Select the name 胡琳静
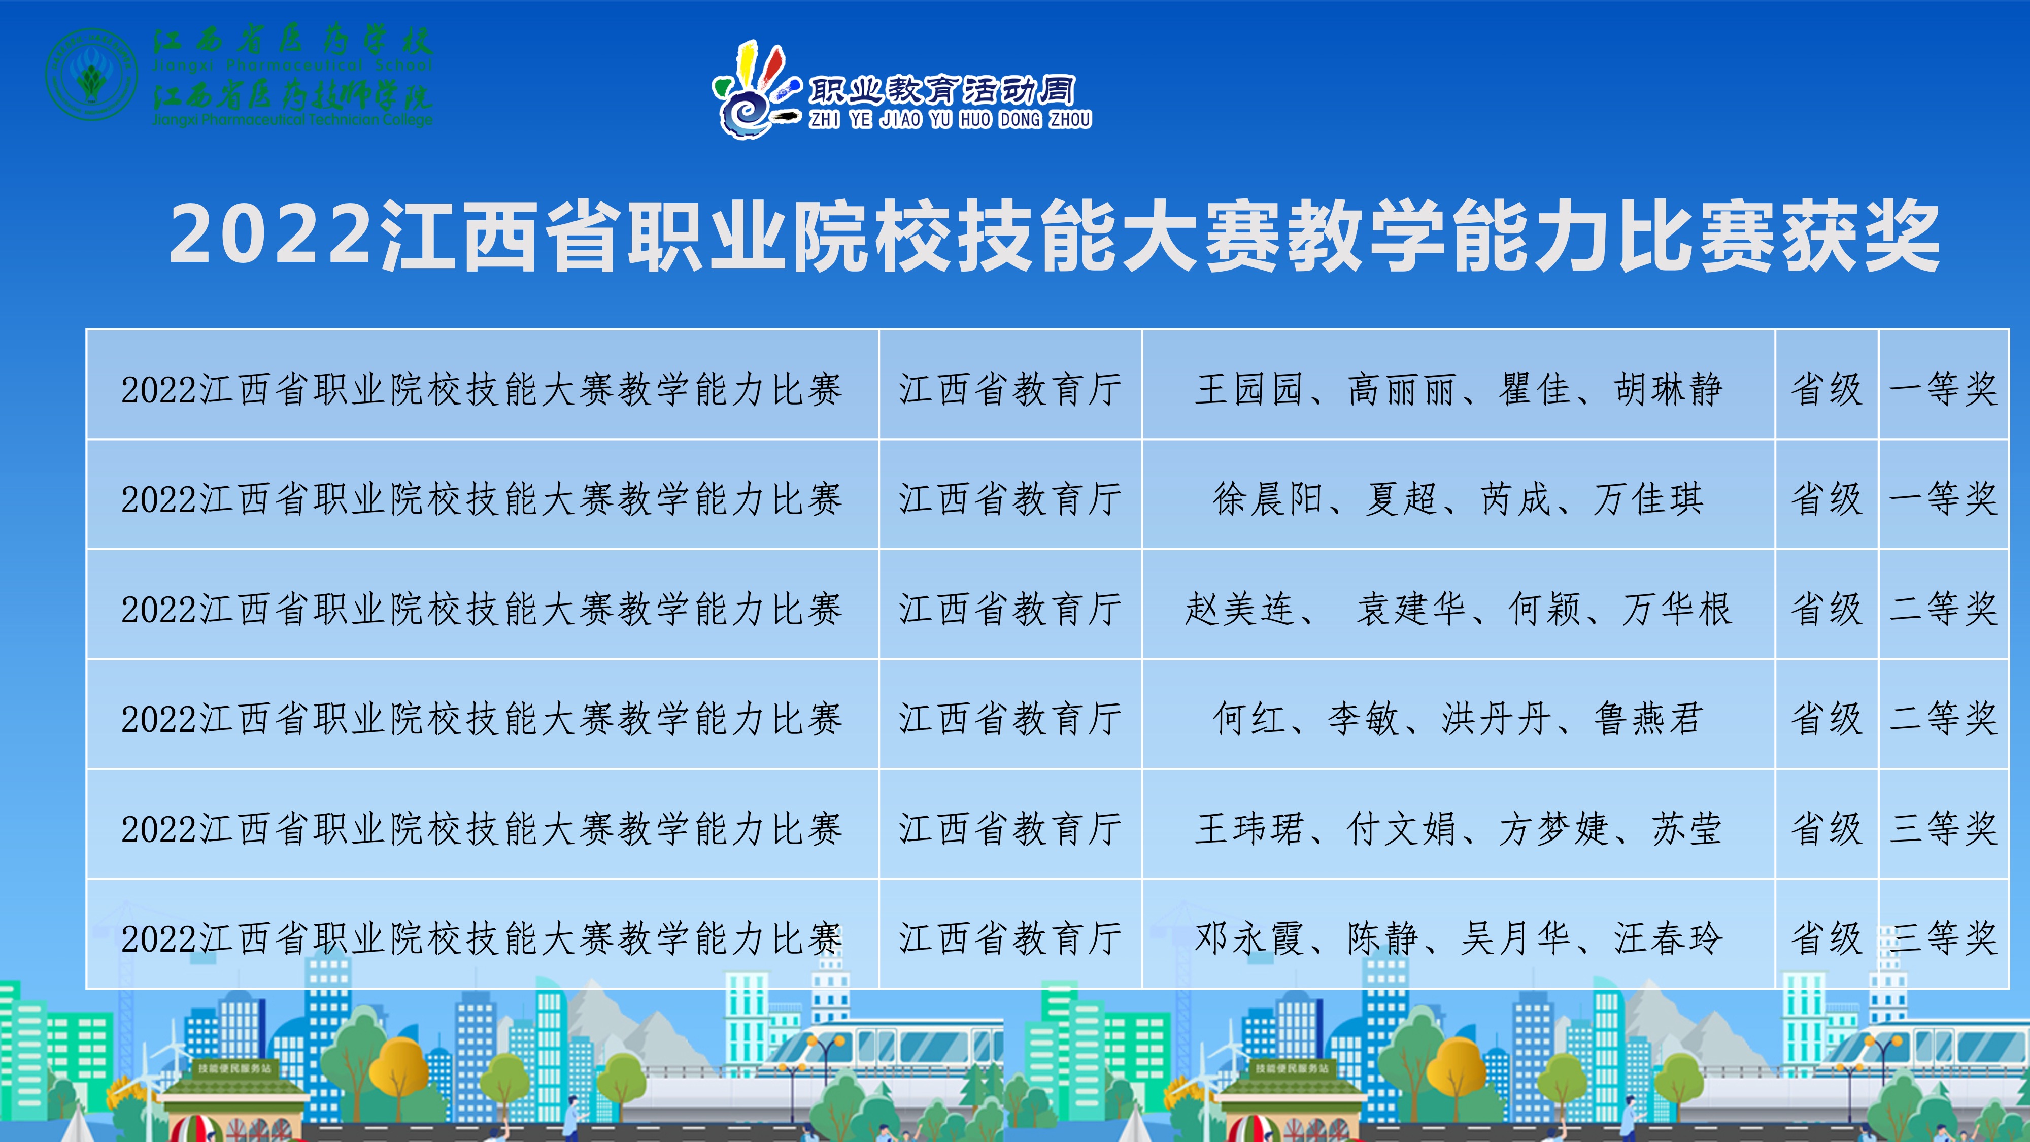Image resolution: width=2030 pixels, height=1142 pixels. [1668, 389]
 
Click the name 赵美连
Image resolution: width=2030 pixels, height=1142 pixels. [1240, 609]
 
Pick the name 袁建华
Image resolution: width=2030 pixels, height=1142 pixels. [1411, 609]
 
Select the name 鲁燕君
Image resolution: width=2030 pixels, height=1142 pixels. [1648, 719]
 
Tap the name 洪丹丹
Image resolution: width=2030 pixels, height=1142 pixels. [1497, 719]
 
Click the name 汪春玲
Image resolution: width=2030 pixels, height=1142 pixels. [1668, 938]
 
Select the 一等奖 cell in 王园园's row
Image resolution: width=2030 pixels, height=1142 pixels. [1943, 389]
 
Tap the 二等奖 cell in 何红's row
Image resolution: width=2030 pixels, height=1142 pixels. [1943, 719]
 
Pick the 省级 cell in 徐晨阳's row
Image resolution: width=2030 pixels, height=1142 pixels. [1826, 499]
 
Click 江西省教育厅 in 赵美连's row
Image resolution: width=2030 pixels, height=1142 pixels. [1010, 609]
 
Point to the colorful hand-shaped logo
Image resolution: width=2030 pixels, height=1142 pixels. [757, 91]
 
